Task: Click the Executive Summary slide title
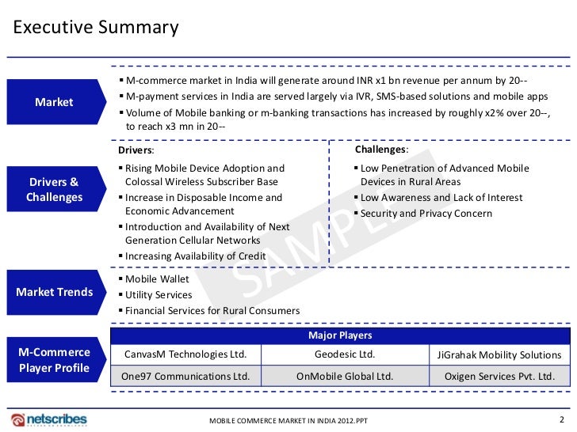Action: click(x=96, y=28)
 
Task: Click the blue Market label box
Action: click(x=54, y=102)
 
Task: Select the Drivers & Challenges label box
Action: click(x=54, y=190)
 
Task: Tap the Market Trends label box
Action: click(x=54, y=292)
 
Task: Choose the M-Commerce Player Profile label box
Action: click(x=54, y=360)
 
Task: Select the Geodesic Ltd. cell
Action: click(x=345, y=355)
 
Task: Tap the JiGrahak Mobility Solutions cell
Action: click(x=499, y=355)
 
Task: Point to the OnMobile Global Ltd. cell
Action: click(x=345, y=377)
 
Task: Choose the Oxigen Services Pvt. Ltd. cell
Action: click(x=499, y=377)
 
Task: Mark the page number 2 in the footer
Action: click(x=562, y=418)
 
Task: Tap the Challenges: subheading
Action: click(x=381, y=150)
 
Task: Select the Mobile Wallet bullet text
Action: click(x=157, y=279)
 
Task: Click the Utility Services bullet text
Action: click(x=159, y=295)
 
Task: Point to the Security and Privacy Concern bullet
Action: click(x=426, y=214)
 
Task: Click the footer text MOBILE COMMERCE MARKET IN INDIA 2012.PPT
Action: click(x=289, y=420)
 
